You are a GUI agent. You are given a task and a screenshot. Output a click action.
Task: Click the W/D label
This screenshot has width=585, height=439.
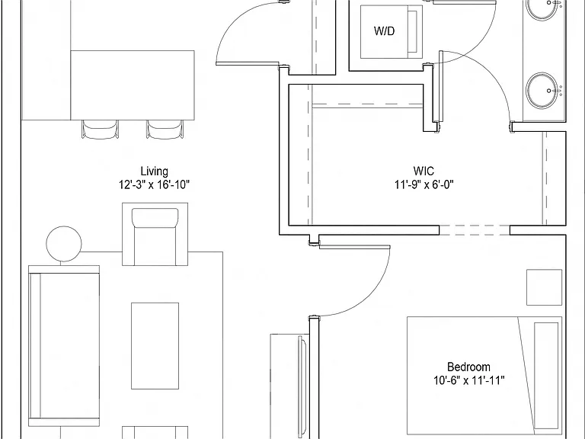coord(384,30)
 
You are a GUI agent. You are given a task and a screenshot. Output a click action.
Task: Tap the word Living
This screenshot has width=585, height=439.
coord(154,171)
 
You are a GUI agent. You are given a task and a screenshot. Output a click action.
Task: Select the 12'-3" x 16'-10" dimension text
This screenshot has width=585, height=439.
coord(154,184)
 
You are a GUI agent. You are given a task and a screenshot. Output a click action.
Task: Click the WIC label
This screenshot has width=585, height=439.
coord(424,171)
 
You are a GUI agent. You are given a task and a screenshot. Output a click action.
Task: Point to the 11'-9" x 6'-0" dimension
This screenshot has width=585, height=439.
coord(424,184)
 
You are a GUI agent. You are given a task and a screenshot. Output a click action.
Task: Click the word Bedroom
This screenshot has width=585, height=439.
coord(468,367)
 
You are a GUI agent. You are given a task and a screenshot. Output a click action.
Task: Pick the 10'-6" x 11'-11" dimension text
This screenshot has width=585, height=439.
coord(469,380)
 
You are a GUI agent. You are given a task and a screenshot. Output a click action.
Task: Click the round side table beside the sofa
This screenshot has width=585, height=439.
coord(64,244)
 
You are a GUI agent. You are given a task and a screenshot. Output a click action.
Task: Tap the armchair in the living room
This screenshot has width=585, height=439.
coord(155,235)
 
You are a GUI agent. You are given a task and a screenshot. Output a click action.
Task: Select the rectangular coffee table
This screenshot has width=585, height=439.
coord(155,346)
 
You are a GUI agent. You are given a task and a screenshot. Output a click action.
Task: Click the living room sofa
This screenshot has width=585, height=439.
coord(64,346)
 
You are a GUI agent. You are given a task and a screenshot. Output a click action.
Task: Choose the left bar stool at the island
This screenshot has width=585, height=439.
coord(100,129)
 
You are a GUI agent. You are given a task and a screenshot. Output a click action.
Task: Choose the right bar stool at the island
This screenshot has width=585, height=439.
coord(165,129)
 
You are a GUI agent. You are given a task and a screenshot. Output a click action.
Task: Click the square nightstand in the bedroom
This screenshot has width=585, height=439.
coord(545,287)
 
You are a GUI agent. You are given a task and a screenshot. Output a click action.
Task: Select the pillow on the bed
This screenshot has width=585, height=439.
coord(546,376)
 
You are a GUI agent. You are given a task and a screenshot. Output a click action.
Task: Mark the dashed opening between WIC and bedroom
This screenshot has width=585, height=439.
coord(475,230)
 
